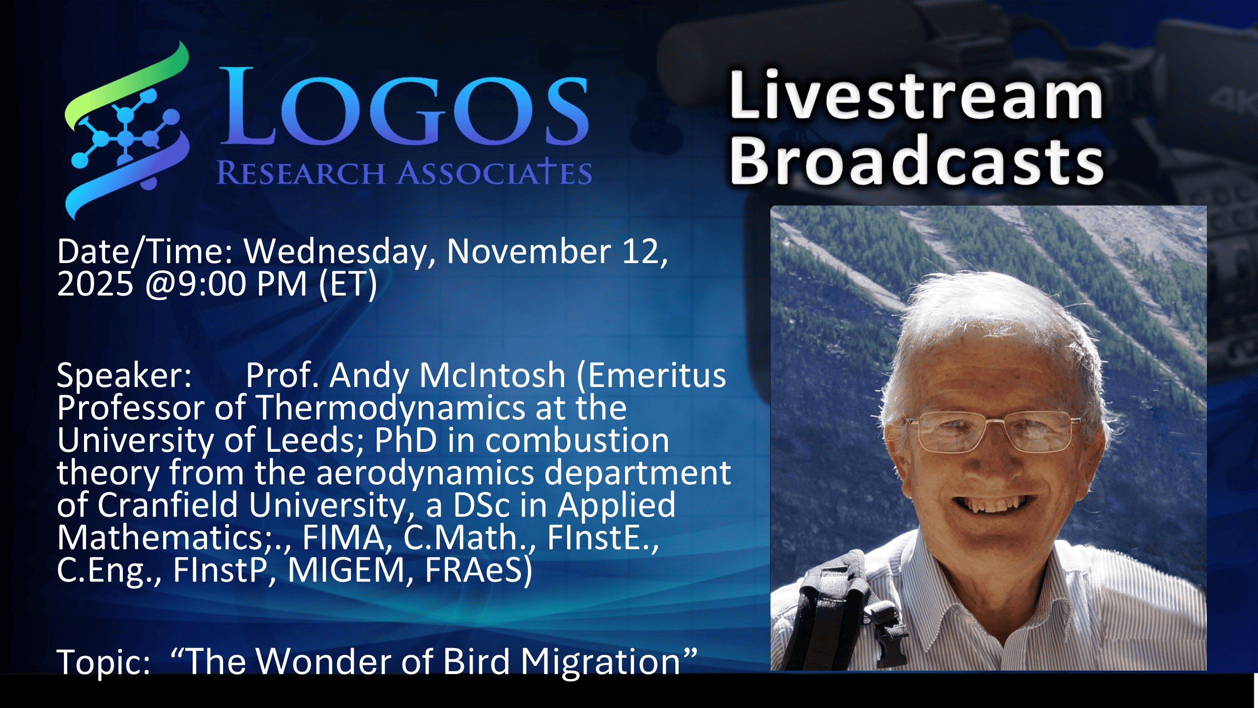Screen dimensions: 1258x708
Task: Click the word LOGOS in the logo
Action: (404, 106)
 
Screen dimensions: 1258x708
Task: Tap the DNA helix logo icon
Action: (127, 130)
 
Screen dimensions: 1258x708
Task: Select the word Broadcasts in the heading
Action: (917, 160)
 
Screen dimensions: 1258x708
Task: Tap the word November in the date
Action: (529, 251)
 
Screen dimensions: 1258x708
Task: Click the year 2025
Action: (95, 284)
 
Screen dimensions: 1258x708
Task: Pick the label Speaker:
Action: (124, 376)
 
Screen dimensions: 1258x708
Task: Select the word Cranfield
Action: (168, 505)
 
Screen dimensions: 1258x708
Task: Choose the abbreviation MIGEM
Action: (346, 570)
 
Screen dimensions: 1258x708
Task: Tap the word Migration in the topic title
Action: (600, 663)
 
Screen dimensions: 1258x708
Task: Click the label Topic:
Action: (104, 663)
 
